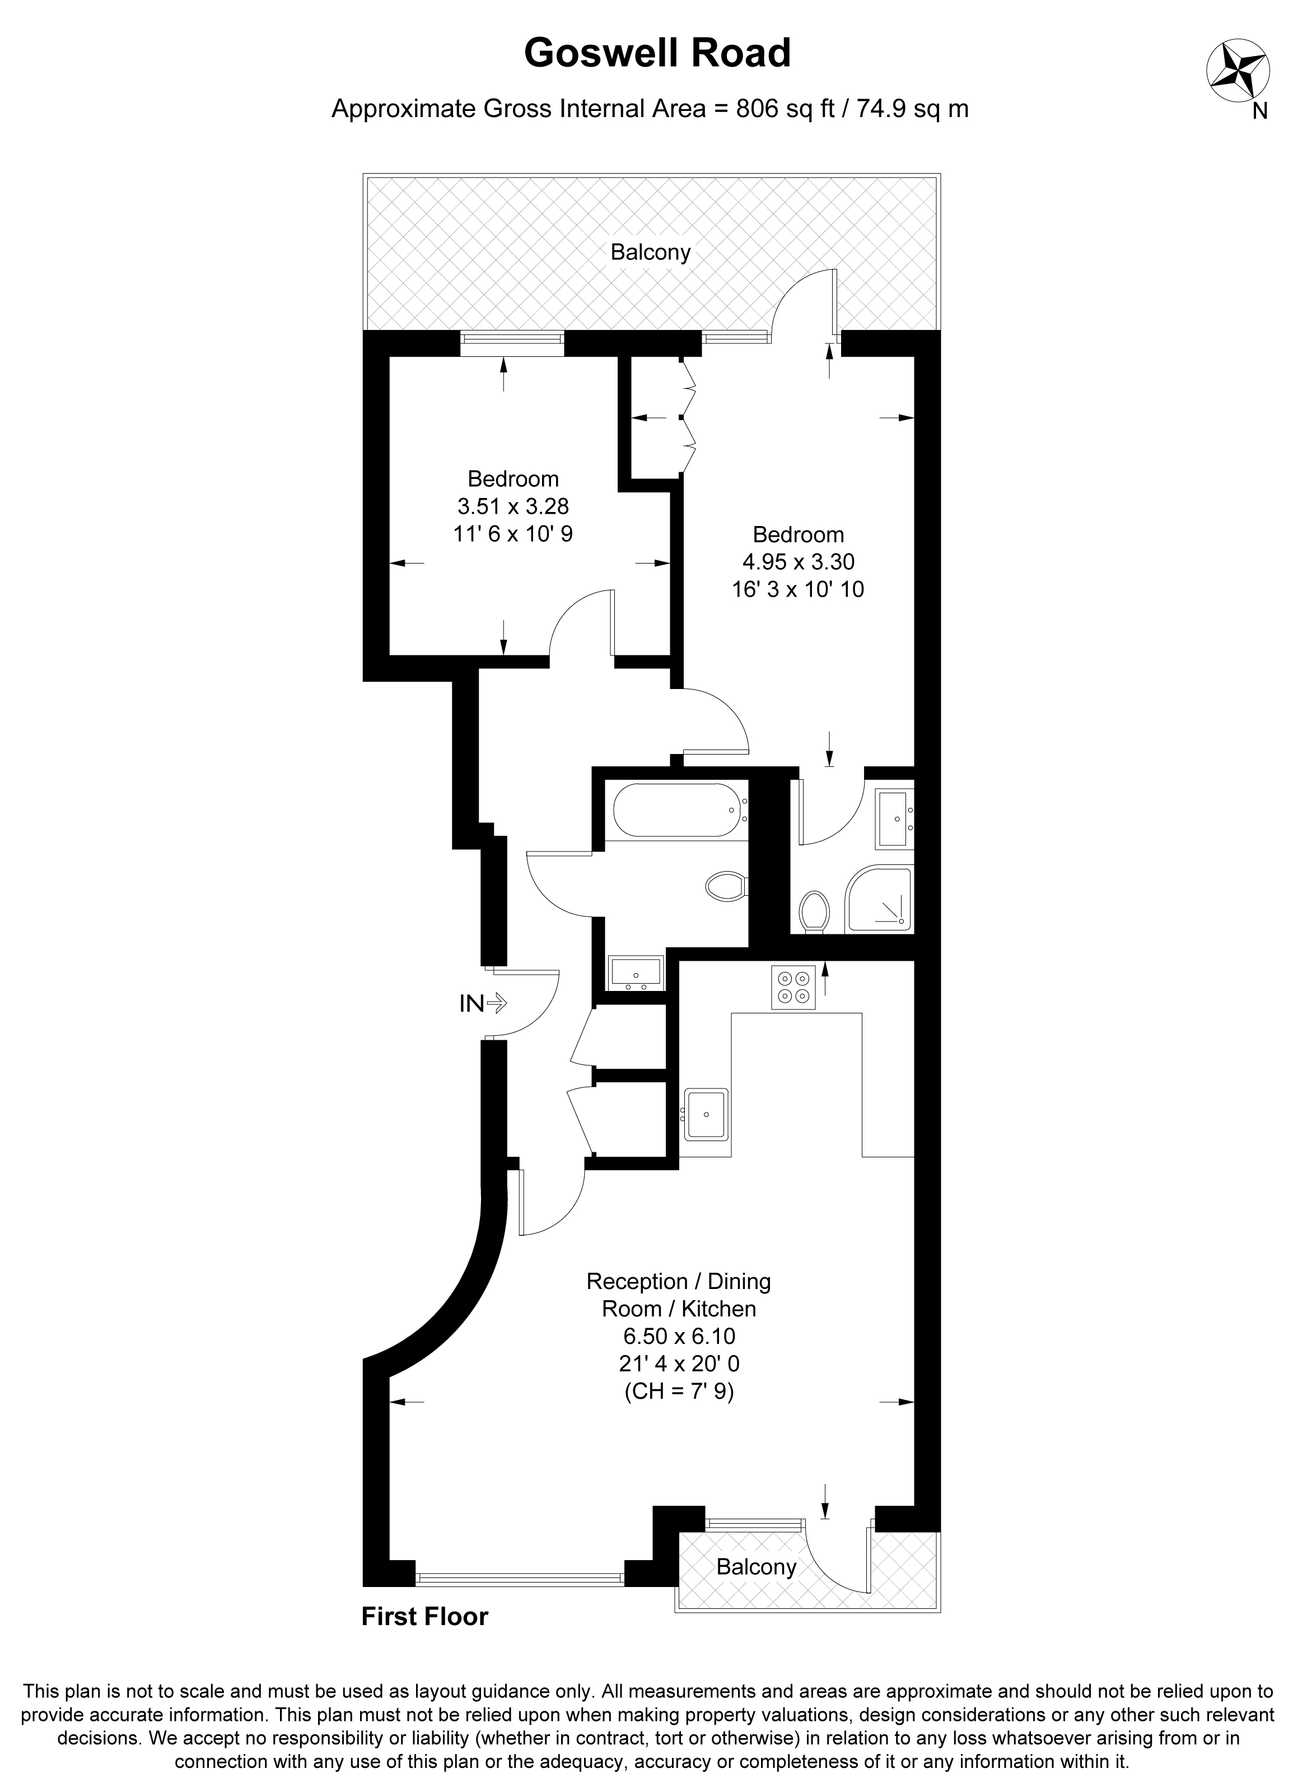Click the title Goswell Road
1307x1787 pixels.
(x=657, y=53)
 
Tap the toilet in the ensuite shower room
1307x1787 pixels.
(x=814, y=911)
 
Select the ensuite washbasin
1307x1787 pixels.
(x=895, y=819)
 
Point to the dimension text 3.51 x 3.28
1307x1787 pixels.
(x=513, y=506)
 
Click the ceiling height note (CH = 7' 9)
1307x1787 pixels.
(x=679, y=1390)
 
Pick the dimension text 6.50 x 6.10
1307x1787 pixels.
(x=679, y=1336)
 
